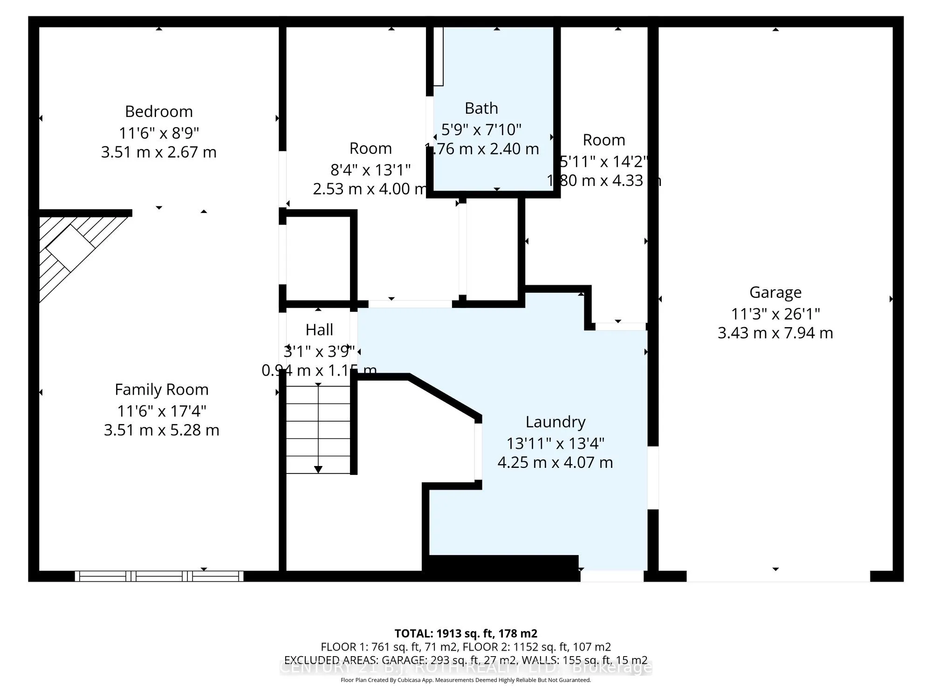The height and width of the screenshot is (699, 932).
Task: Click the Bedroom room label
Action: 159,111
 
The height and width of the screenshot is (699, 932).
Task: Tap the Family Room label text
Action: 162,389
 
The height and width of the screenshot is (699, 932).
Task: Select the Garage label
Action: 775,292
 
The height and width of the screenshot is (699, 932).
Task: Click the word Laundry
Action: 555,422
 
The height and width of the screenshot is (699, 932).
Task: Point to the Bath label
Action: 481,108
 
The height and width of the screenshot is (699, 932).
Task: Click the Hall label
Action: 319,329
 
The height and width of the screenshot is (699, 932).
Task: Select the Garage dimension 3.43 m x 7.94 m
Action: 775,333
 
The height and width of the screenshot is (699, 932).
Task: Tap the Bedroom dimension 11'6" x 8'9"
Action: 159,133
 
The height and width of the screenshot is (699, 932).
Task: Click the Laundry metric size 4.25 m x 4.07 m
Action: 555,462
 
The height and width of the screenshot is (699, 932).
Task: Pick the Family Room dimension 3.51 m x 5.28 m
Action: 162,430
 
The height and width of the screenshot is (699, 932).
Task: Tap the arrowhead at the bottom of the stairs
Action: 318,469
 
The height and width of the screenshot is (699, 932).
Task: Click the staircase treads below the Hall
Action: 318,429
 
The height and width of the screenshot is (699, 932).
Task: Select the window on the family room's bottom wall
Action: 159,576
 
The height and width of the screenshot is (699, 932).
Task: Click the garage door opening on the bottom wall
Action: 778,576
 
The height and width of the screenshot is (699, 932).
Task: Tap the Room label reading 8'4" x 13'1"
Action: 370,169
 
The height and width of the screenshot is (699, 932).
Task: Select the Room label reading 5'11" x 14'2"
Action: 604,161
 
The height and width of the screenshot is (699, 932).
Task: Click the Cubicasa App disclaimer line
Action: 466,680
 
